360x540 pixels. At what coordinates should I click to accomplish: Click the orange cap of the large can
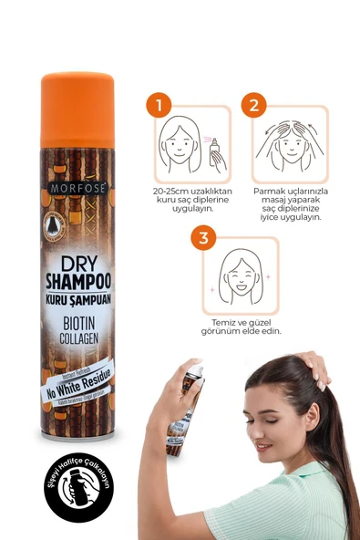(77, 105)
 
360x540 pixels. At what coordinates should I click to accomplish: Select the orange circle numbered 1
(162, 105)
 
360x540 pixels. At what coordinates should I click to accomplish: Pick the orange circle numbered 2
(253, 105)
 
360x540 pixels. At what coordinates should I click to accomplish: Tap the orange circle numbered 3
(203, 239)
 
